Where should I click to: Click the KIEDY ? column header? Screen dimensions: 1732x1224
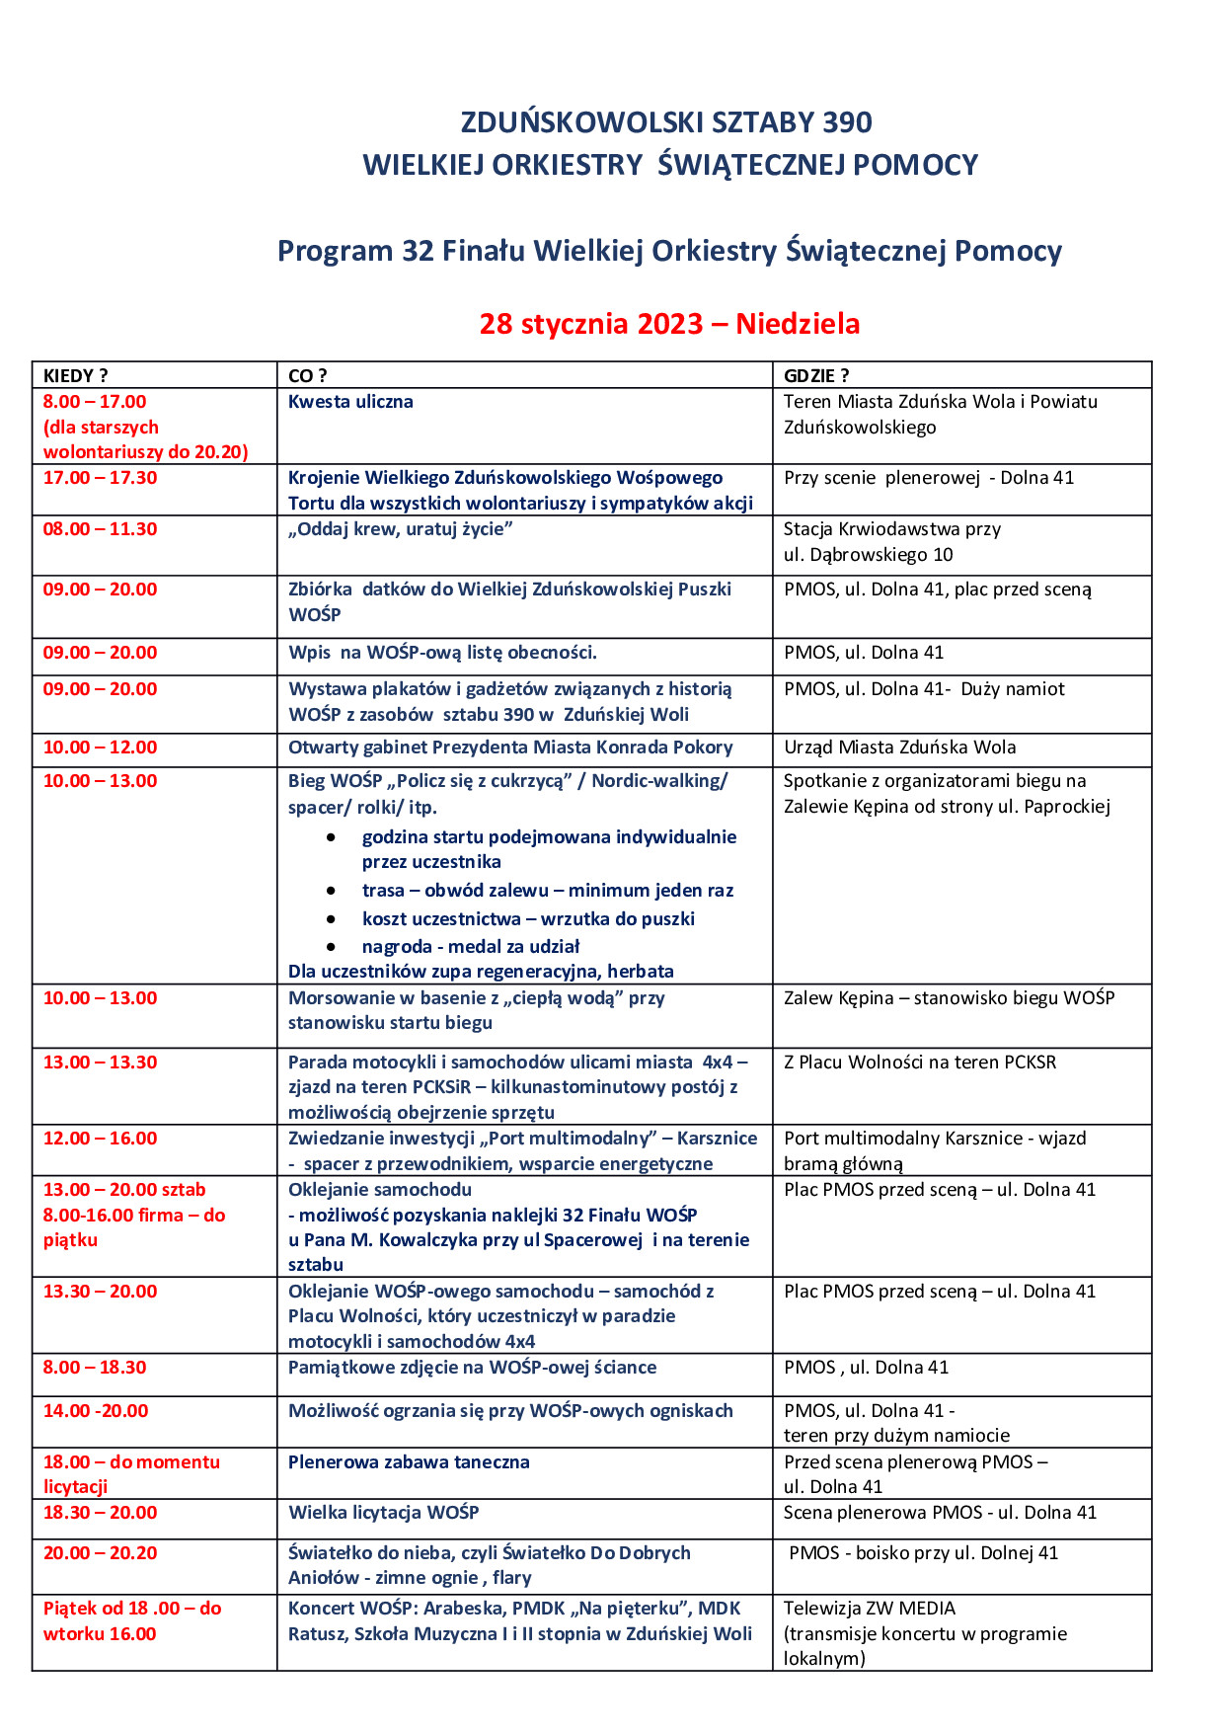76,375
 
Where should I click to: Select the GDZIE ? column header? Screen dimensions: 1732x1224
816,375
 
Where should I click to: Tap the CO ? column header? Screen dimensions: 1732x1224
307,375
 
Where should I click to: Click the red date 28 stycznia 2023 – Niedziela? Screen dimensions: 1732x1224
669,324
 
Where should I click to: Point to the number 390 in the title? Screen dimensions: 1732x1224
847,122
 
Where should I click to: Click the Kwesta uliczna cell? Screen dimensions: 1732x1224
350,402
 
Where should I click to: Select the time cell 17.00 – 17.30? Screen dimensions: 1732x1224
100,478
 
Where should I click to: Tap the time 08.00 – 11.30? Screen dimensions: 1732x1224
100,529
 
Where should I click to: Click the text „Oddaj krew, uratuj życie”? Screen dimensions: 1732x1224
400,529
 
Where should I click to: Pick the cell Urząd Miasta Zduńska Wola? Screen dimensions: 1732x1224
899,748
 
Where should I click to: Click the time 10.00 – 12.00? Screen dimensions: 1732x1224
100,748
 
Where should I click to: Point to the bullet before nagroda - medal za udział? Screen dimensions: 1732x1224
331,947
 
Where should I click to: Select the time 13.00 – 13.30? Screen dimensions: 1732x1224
100,1063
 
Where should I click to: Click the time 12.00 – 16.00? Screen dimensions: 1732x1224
100,1139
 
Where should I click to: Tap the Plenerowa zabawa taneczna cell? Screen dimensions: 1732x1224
409,1462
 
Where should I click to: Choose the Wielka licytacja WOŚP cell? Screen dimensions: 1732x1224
383,1513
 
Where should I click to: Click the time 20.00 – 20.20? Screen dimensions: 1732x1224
100,1553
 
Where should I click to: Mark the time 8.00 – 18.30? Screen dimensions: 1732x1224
95,1368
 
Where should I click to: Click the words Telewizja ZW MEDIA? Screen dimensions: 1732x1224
870,1609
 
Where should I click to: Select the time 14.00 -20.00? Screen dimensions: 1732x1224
96,1411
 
